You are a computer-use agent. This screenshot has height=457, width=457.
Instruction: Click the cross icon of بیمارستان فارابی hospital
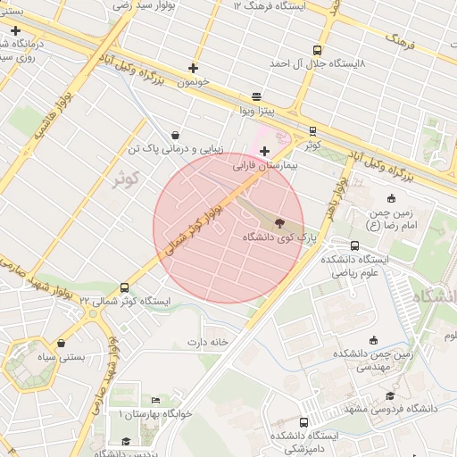(265, 152)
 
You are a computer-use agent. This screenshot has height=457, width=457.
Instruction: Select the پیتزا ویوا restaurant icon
(257, 96)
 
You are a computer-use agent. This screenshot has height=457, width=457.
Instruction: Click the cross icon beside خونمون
(193, 68)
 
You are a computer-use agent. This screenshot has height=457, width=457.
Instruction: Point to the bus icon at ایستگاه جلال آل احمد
(317, 51)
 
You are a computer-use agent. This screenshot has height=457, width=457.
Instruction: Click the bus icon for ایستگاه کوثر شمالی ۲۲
(123, 287)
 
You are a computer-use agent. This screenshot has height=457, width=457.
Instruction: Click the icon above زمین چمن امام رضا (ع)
(391, 198)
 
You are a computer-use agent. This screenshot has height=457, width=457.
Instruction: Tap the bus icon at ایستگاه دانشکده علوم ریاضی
(355, 245)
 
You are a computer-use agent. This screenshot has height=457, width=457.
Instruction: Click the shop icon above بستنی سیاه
(61, 343)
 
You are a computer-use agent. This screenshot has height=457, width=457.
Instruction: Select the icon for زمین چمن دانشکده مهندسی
(373, 339)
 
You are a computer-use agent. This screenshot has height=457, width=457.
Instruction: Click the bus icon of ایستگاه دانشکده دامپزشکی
(303, 422)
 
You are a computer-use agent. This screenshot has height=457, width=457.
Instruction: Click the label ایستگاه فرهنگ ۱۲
(269, 6)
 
